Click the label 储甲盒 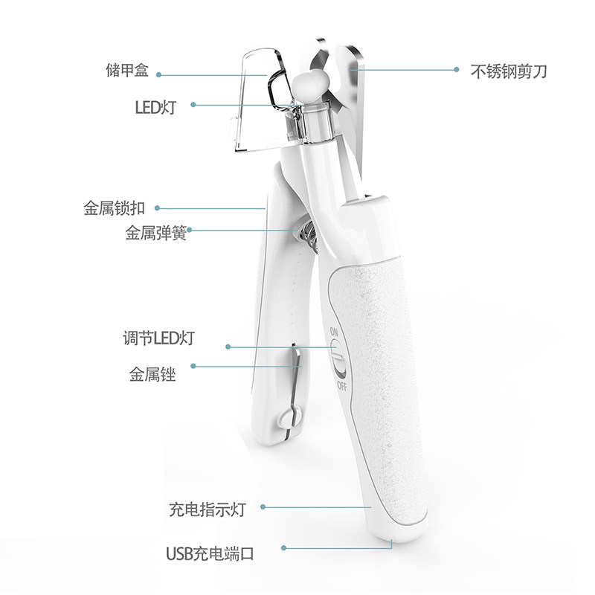pos(127,72)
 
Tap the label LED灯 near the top pos(154,105)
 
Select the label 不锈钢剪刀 pos(509,72)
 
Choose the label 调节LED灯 pos(158,339)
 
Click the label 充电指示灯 pos(207,509)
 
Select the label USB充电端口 pos(210,553)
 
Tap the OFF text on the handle pos(341,385)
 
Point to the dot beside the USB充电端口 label pos(285,550)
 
